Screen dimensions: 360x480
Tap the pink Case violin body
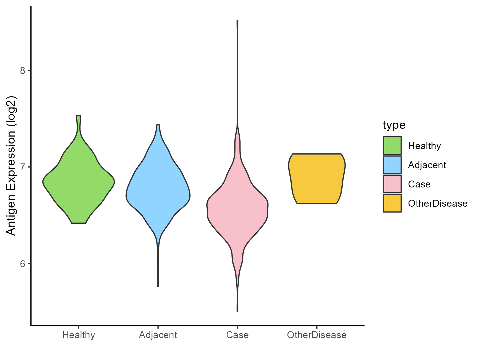coord(237,208)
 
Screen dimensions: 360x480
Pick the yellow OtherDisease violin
coord(317,179)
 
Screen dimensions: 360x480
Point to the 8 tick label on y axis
coord(22,70)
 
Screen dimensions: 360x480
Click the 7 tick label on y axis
coord(22,167)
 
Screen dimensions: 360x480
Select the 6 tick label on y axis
coord(22,264)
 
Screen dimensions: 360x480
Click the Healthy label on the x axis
coord(79,335)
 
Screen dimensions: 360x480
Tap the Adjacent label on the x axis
coord(158,335)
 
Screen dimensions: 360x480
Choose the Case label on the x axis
coord(237,335)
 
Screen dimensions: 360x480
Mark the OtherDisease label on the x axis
coord(317,335)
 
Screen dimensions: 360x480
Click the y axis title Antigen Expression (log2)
coord(11,165)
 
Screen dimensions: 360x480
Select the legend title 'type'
coord(394,125)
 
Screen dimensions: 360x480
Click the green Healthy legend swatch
coord(392,146)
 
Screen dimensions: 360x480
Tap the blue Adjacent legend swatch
coord(392,165)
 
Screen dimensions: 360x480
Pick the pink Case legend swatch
coord(392,184)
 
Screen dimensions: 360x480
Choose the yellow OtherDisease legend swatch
coord(392,203)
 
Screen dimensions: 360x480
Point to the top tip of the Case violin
coord(237,21)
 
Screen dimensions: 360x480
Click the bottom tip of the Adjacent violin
coord(158,286)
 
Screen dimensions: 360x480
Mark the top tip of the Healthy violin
coord(79,116)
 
